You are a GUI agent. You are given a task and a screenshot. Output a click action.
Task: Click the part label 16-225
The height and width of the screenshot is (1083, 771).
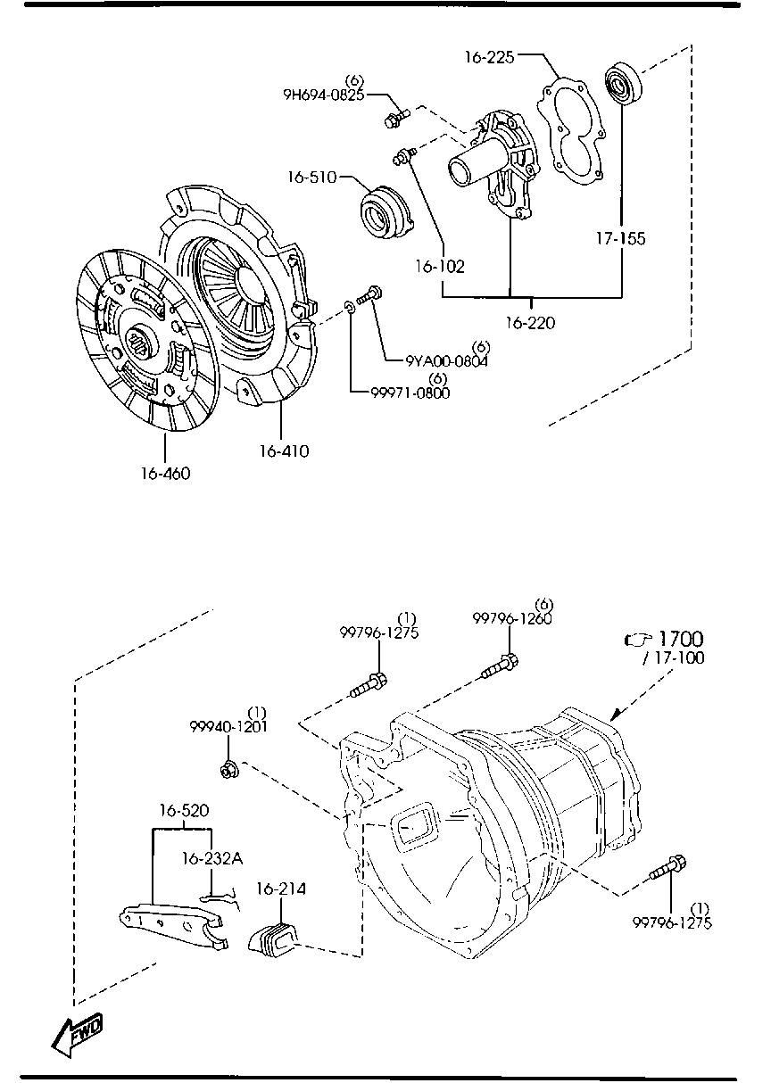(490, 57)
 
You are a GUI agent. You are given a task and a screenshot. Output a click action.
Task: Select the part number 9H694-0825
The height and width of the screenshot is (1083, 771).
(324, 95)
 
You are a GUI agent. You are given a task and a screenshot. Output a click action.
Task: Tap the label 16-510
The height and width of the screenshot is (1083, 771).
(312, 178)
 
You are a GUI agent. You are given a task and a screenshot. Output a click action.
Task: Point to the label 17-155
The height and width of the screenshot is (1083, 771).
(620, 238)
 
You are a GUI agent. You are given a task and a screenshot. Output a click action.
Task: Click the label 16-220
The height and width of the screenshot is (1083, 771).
(531, 322)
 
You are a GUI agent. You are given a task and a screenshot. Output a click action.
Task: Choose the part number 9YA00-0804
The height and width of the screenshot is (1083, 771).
(446, 361)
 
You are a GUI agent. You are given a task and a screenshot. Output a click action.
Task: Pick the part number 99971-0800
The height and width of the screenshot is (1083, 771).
(410, 393)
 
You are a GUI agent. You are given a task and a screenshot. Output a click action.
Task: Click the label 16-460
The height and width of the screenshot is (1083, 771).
(165, 474)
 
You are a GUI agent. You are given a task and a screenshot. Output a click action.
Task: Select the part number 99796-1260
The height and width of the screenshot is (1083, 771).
(511, 618)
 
